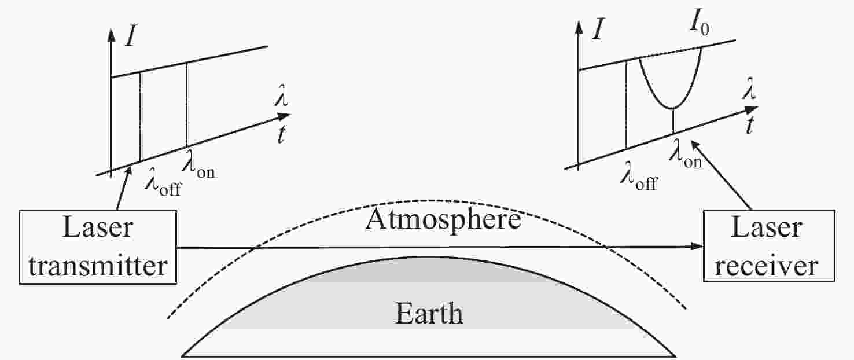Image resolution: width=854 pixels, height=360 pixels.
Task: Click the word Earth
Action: coord(429,314)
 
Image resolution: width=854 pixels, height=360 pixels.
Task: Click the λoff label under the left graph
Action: coord(163,183)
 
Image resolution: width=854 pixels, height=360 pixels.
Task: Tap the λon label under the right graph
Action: coord(685,154)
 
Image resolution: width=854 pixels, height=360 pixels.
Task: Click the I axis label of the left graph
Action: coord(130,37)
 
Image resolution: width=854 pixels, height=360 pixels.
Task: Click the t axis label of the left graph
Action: coord(281,134)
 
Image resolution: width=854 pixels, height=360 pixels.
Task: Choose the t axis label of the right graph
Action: coord(750,125)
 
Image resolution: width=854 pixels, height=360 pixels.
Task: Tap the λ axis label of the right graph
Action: coord(749,90)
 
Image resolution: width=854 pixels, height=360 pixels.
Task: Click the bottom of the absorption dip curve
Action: coord(673,109)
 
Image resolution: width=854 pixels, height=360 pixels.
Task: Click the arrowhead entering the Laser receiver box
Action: coord(697,246)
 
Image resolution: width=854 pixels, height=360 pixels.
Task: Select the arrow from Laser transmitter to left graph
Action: coord(124,188)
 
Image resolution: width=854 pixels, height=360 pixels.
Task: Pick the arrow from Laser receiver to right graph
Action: coord(721,175)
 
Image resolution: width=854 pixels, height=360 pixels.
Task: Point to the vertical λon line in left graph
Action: coord(186,105)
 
